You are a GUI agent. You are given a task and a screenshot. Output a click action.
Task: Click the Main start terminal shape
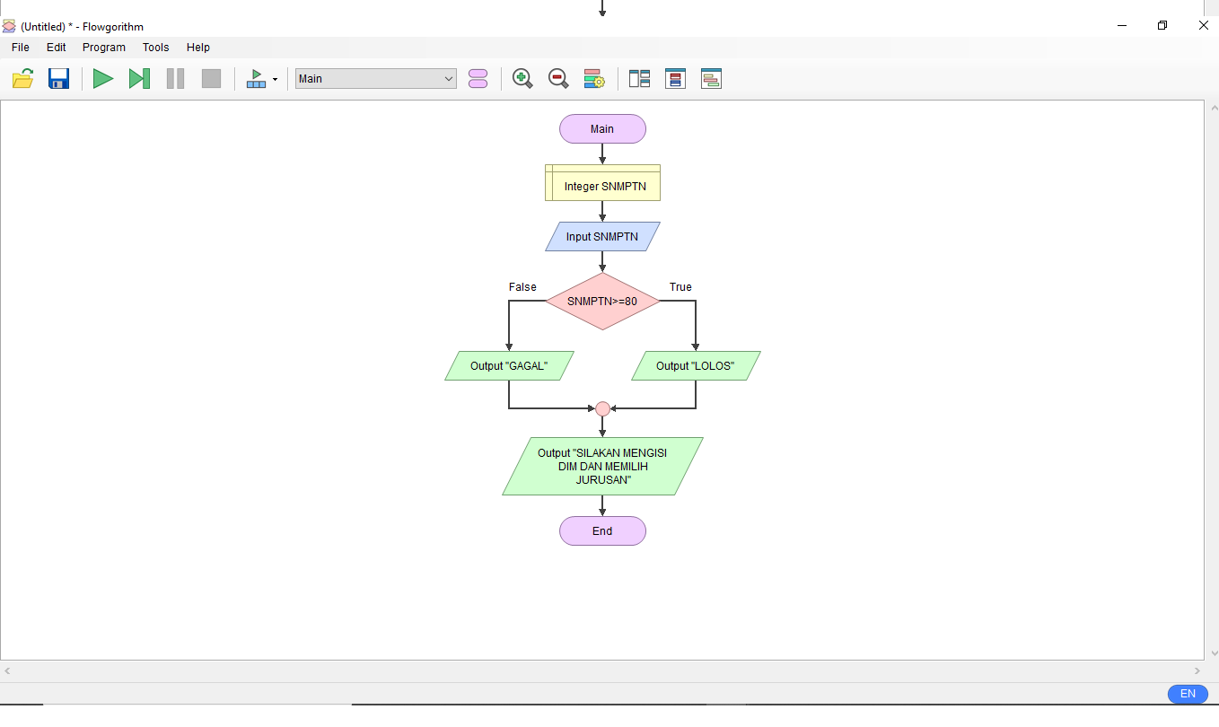tap(602, 129)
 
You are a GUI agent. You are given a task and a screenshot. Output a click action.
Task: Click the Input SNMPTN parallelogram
tap(602, 237)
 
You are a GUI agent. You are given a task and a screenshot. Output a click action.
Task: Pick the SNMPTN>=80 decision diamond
tap(602, 302)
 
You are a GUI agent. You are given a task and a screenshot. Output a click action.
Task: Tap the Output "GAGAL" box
tap(509, 366)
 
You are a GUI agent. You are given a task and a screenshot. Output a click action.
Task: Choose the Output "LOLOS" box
tap(696, 366)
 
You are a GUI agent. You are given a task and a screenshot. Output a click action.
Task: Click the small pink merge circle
tap(602, 409)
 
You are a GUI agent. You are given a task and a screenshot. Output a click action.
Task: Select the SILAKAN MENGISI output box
tap(602, 467)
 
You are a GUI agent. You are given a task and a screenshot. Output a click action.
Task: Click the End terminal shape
tap(602, 531)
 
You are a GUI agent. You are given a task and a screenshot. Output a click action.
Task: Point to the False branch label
tap(522, 287)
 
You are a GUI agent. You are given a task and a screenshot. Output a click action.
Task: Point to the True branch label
tap(680, 287)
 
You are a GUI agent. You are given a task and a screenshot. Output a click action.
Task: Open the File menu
tap(21, 48)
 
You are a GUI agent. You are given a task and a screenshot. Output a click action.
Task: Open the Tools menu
tap(155, 48)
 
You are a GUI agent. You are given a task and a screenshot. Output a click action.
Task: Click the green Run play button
tap(103, 79)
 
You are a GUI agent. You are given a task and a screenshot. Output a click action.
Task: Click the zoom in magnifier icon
tap(522, 79)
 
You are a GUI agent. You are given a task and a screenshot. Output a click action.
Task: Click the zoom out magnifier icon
tap(558, 79)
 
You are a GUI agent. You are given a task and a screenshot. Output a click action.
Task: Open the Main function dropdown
tap(375, 79)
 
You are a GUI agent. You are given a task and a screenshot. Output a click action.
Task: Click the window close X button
tap(1204, 26)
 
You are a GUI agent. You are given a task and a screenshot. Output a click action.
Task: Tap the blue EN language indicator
tap(1188, 694)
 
